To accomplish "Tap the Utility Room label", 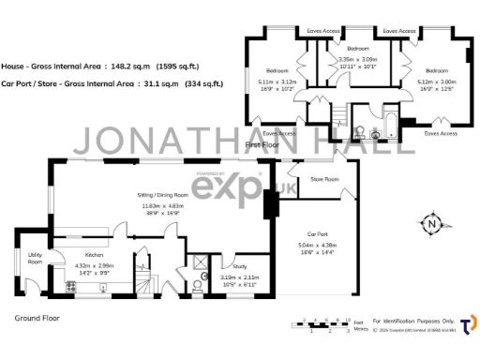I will (35, 258).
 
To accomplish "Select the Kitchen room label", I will (93, 254).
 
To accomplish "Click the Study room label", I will (239, 266).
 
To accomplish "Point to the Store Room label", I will (324, 178).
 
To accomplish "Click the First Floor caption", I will (263, 146).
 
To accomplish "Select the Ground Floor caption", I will (38, 318).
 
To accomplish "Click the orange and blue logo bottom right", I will (466, 323).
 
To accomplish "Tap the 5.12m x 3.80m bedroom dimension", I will (438, 83).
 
